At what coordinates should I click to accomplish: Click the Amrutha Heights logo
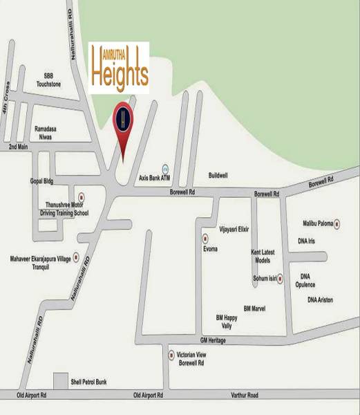point(119,68)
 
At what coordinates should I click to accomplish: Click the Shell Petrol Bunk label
point(89,382)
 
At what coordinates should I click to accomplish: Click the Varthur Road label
point(245,395)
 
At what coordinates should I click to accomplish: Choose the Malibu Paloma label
point(318,224)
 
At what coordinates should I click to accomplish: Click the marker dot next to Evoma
point(205,239)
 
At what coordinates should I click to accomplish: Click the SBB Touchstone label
point(48,80)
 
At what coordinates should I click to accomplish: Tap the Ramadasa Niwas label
point(48,132)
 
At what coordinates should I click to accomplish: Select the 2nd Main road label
point(18,147)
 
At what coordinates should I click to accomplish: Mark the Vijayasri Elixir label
point(234,228)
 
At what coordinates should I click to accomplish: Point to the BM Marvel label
point(254,308)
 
